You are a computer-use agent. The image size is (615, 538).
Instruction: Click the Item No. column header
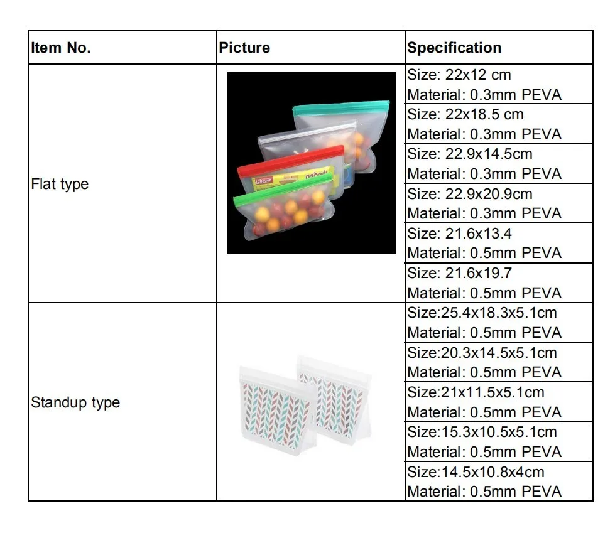click(x=61, y=48)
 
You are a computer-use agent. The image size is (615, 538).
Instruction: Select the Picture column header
click(x=244, y=48)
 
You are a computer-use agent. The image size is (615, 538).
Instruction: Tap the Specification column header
click(x=454, y=48)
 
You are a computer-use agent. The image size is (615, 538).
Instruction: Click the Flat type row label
click(x=60, y=184)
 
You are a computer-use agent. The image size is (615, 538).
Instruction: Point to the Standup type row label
click(x=75, y=402)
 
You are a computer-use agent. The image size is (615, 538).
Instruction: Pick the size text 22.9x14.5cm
click(x=470, y=154)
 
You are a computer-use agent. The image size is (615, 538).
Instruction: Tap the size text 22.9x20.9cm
click(x=470, y=193)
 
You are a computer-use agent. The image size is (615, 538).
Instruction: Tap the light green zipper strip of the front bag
click(x=283, y=189)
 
